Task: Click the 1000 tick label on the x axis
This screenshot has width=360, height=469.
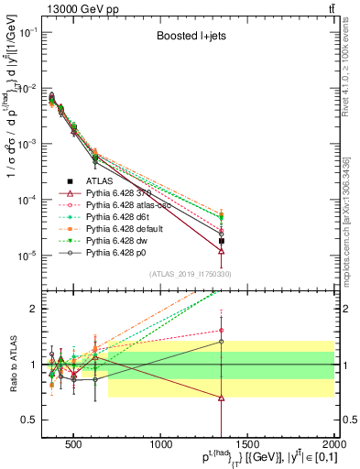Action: (x=161, y=443)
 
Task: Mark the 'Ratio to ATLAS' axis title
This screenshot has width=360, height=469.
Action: (x=11, y=364)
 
